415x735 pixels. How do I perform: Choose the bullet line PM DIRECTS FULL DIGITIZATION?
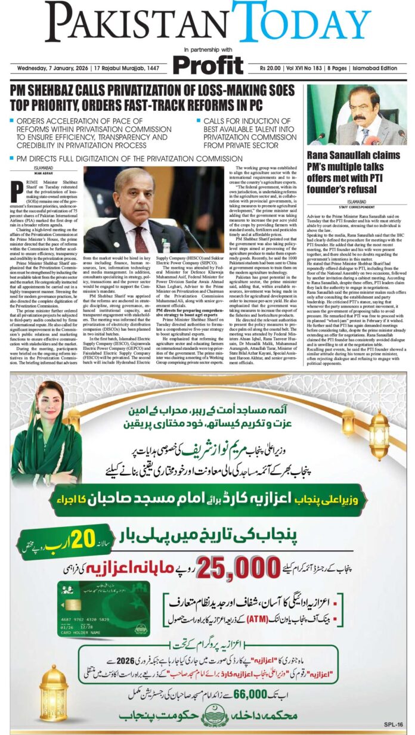[129, 159]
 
